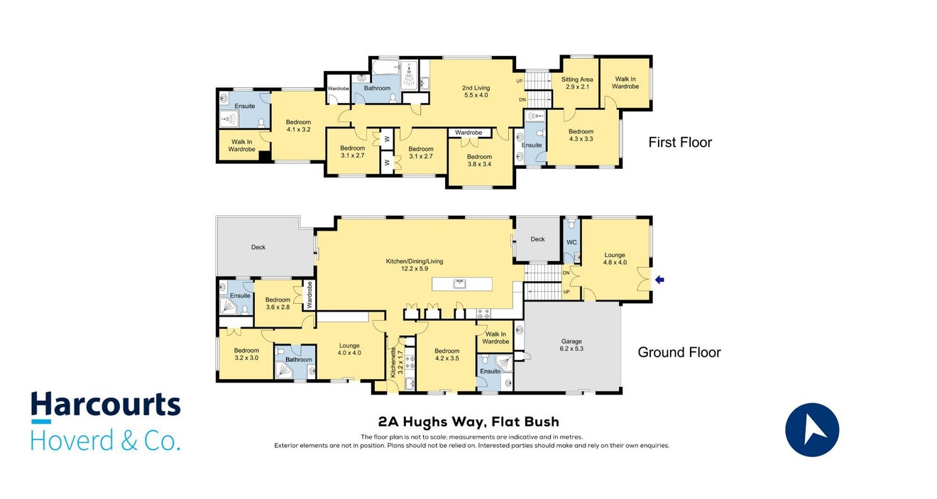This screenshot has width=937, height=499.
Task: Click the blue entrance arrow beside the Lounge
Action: tap(659, 280)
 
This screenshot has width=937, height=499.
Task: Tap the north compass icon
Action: tap(812, 429)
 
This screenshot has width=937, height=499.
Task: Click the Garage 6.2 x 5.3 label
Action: tap(571, 345)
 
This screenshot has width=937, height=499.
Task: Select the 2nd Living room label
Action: tap(476, 91)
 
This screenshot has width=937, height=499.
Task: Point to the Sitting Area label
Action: tap(577, 83)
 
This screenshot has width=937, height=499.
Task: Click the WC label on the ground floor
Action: tap(571, 242)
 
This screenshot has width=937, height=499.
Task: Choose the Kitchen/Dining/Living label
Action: tap(414, 265)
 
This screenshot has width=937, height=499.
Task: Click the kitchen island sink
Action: tap(459, 284)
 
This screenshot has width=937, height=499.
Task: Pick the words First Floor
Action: tap(680, 142)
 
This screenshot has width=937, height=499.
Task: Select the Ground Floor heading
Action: tap(679, 352)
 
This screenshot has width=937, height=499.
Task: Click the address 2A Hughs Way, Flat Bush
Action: tap(468, 422)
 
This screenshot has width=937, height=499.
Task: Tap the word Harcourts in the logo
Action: tap(106, 404)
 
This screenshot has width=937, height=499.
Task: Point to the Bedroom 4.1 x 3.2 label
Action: tap(298, 126)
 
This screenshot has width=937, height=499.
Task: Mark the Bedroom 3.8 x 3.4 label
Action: tap(479, 160)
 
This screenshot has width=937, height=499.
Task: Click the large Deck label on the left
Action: tap(258, 247)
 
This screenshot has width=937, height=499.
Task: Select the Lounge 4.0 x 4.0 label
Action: tap(349, 349)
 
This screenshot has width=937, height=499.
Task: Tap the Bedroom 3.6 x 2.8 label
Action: tap(278, 303)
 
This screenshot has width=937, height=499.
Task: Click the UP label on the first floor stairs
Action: tap(520, 81)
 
